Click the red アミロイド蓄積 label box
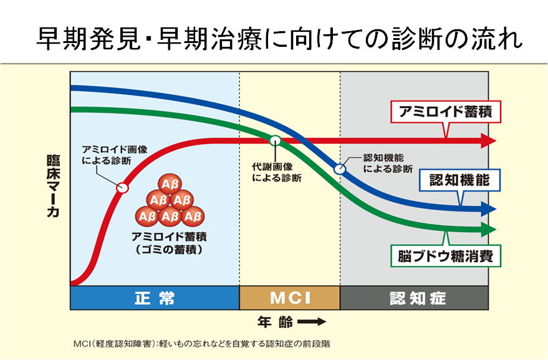click(446, 112)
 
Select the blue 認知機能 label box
click(459, 180)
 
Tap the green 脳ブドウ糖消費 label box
click(446, 256)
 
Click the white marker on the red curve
click(122, 188)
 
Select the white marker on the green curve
click(276, 140)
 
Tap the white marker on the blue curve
click(339, 169)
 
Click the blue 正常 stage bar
click(155, 298)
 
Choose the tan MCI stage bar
click(290, 298)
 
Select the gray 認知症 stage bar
click(414, 298)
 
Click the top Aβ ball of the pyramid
click(170, 185)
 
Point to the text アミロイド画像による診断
click(115, 155)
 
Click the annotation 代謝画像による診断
click(277, 172)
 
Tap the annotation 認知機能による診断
click(388, 163)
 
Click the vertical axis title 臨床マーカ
click(53, 186)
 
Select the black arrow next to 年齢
click(312, 321)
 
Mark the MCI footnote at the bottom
click(201, 344)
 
